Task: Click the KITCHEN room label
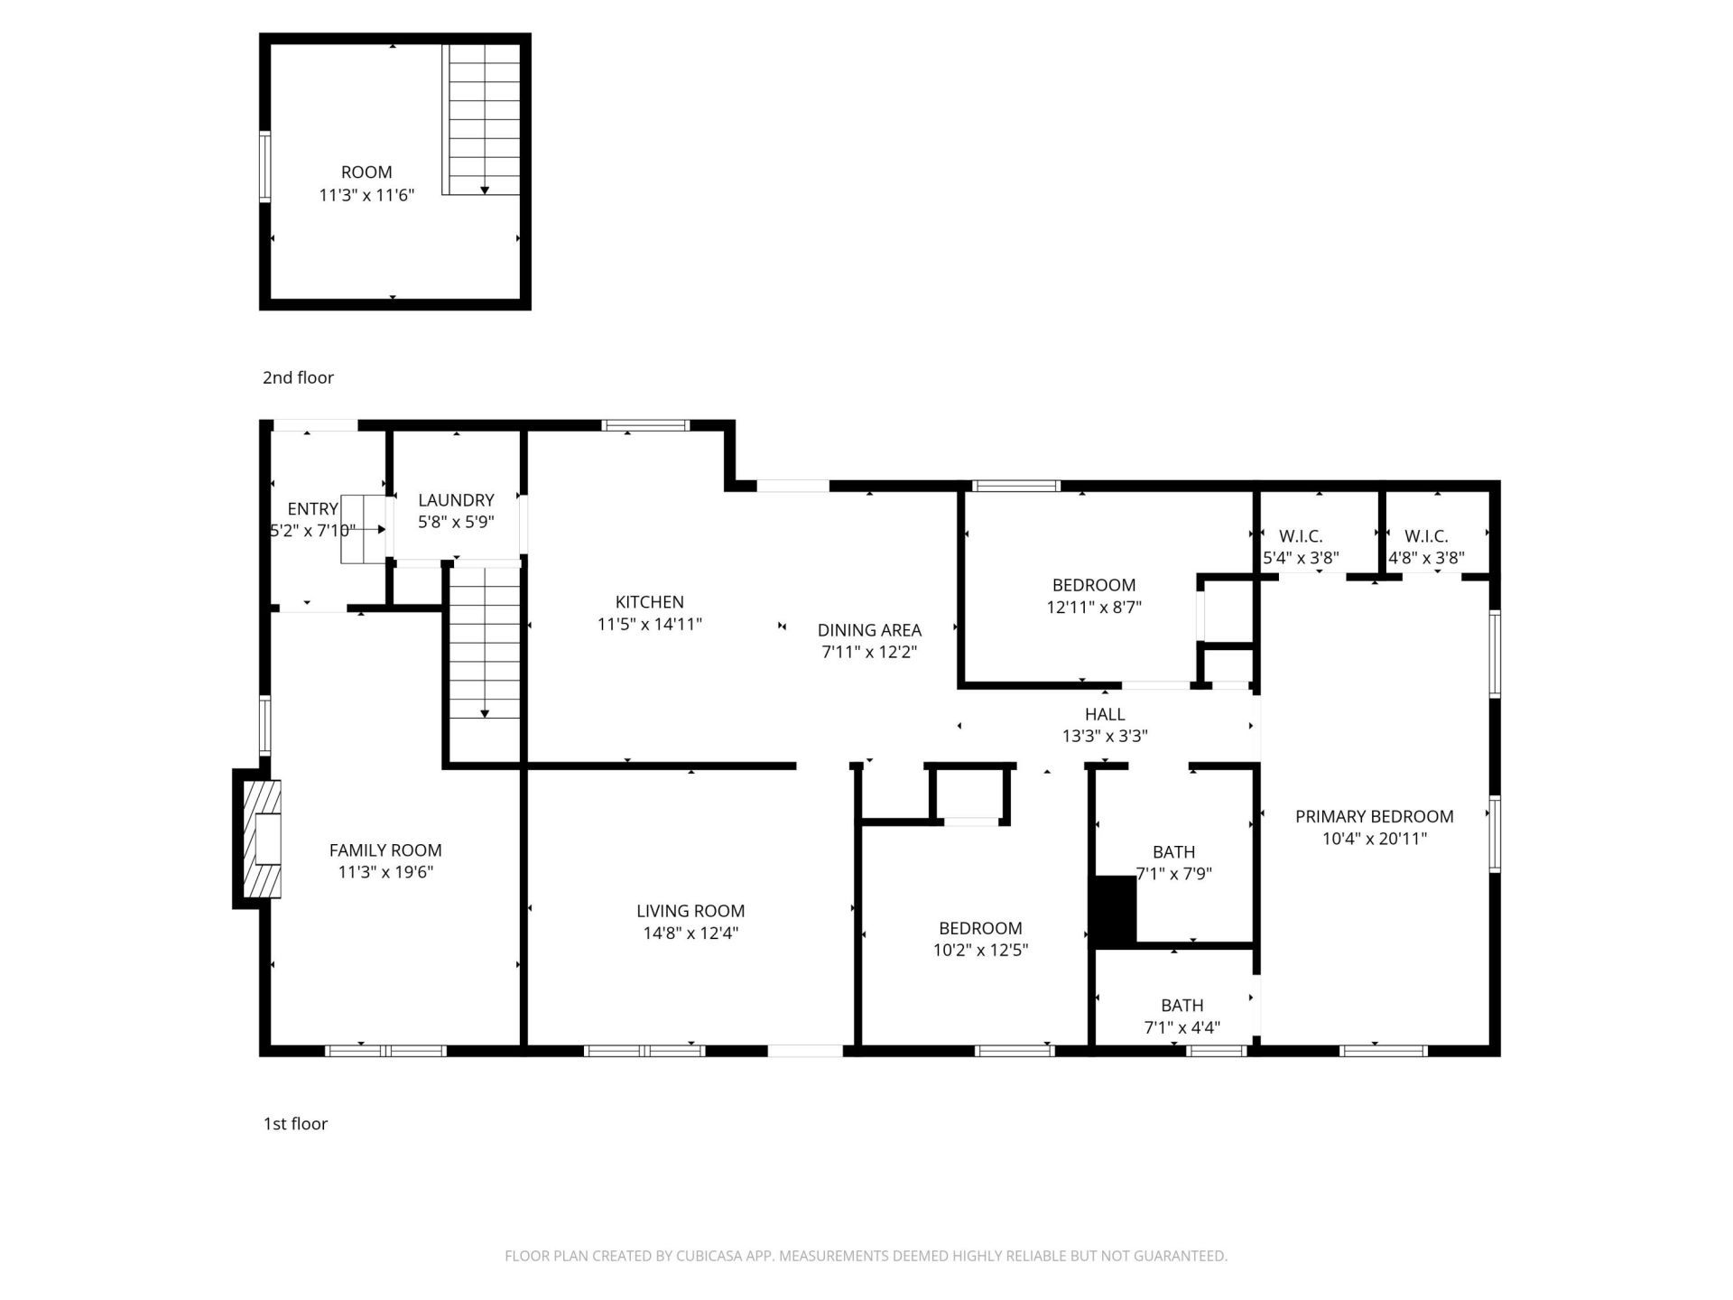(649, 602)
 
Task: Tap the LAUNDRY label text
(456, 500)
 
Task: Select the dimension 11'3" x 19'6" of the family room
(385, 872)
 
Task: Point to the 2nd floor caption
(298, 377)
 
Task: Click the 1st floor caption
(295, 1124)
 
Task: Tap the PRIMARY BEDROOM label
(1374, 816)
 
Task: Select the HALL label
(1105, 714)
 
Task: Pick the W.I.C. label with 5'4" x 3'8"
(1301, 536)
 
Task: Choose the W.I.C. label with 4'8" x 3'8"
(1426, 536)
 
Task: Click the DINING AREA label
(869, 630)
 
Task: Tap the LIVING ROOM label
(690, 911)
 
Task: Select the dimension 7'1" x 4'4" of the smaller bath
(1182, 1027)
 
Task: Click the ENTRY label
(312, 509)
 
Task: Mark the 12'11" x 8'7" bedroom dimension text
(1094, 608)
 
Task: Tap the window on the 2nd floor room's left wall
(264, 166)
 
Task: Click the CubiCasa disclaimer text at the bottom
(866, 1256)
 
